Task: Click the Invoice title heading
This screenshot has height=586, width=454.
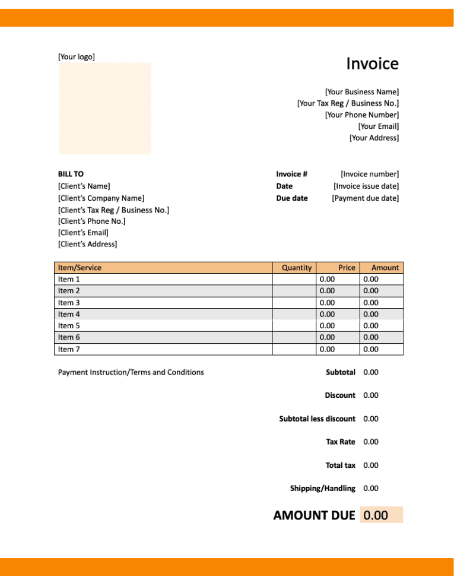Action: pyautogui.click(x=372, y=64)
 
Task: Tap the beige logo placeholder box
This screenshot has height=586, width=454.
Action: pyautogui.click(x=104, y=108)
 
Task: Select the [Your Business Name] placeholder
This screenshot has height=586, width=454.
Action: pyautogui.click(x=361, y=92)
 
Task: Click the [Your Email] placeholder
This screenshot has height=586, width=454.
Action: pyautogui.click(x=378, y=126)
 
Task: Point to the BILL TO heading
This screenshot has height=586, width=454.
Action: pyautogui.click(x=71, y=174)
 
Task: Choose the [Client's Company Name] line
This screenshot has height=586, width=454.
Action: pyautogui.click(x=101, y=198)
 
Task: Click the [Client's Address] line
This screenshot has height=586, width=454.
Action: pyautogui.click(x=87, y=244)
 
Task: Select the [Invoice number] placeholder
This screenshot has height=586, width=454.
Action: pyautogui.click(x=369, y=174)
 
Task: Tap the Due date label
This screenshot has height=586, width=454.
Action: pyautogui.click(x=291, y=198)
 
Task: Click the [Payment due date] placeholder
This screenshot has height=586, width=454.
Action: pyautogui.click(x=365, y=198)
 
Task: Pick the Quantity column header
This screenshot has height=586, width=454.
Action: pyautogui.click(x=297, y=268)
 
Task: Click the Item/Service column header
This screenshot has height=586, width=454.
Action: pyautogui.click(x=80, y=268)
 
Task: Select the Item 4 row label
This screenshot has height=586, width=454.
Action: pyautogui.click(x=69, y=314)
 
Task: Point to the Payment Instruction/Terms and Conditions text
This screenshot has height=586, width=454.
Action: pyautogui.click(x=131, y=372)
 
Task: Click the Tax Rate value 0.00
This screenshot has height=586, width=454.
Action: pyautogui.click(x=371, y=442)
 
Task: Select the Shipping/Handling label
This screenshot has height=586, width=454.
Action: pyautogui.click(x=322, y=488)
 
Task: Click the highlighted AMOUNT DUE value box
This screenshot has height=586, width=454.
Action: pyautogui.click(x=381, y=515)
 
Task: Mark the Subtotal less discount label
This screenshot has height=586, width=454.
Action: pyautogui.click(x=317, y=419)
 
